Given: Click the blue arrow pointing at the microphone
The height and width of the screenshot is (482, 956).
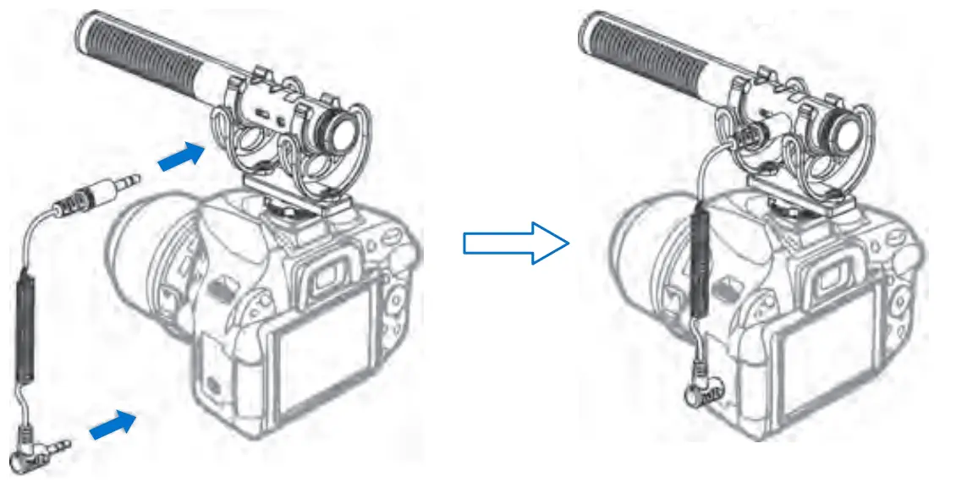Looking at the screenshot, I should (x=182, y=159).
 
